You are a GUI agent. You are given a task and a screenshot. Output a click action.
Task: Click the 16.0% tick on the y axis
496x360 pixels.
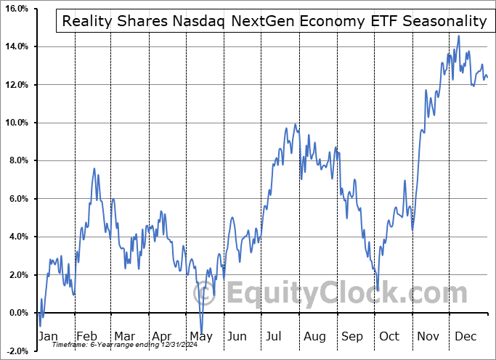point(15,9)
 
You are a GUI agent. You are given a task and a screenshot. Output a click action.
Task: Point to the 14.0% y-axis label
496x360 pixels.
point(15,47)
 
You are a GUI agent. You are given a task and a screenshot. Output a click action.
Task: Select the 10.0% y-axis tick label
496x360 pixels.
point(15,123)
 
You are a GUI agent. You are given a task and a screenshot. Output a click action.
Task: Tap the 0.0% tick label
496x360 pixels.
point(17,313)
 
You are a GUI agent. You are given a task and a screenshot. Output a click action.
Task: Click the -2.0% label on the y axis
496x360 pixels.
point(16,351)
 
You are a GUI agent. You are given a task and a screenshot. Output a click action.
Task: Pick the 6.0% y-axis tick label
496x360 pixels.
point(17,199)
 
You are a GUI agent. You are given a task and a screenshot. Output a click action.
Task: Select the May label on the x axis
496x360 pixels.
point(201,337)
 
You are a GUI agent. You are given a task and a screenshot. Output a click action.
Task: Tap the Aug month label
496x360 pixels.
point(315,337)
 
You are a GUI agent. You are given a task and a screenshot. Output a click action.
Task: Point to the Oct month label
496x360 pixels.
point(390,337)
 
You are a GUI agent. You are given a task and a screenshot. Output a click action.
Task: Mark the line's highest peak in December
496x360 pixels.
point(458,36)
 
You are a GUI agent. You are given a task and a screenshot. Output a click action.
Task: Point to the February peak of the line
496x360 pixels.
point(94,169)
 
